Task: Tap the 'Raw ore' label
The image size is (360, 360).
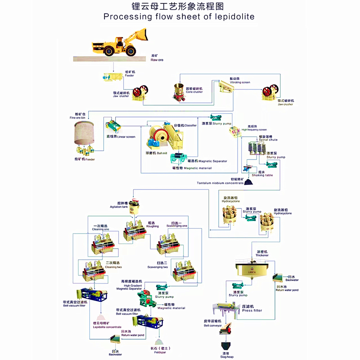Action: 157,59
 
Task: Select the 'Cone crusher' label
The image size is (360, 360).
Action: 194,92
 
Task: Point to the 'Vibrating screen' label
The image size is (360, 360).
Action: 239,82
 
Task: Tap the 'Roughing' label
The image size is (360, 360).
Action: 153,226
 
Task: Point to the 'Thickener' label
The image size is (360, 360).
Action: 262,255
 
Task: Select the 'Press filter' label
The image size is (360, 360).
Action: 252,310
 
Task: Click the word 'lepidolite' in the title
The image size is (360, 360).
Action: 234,17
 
